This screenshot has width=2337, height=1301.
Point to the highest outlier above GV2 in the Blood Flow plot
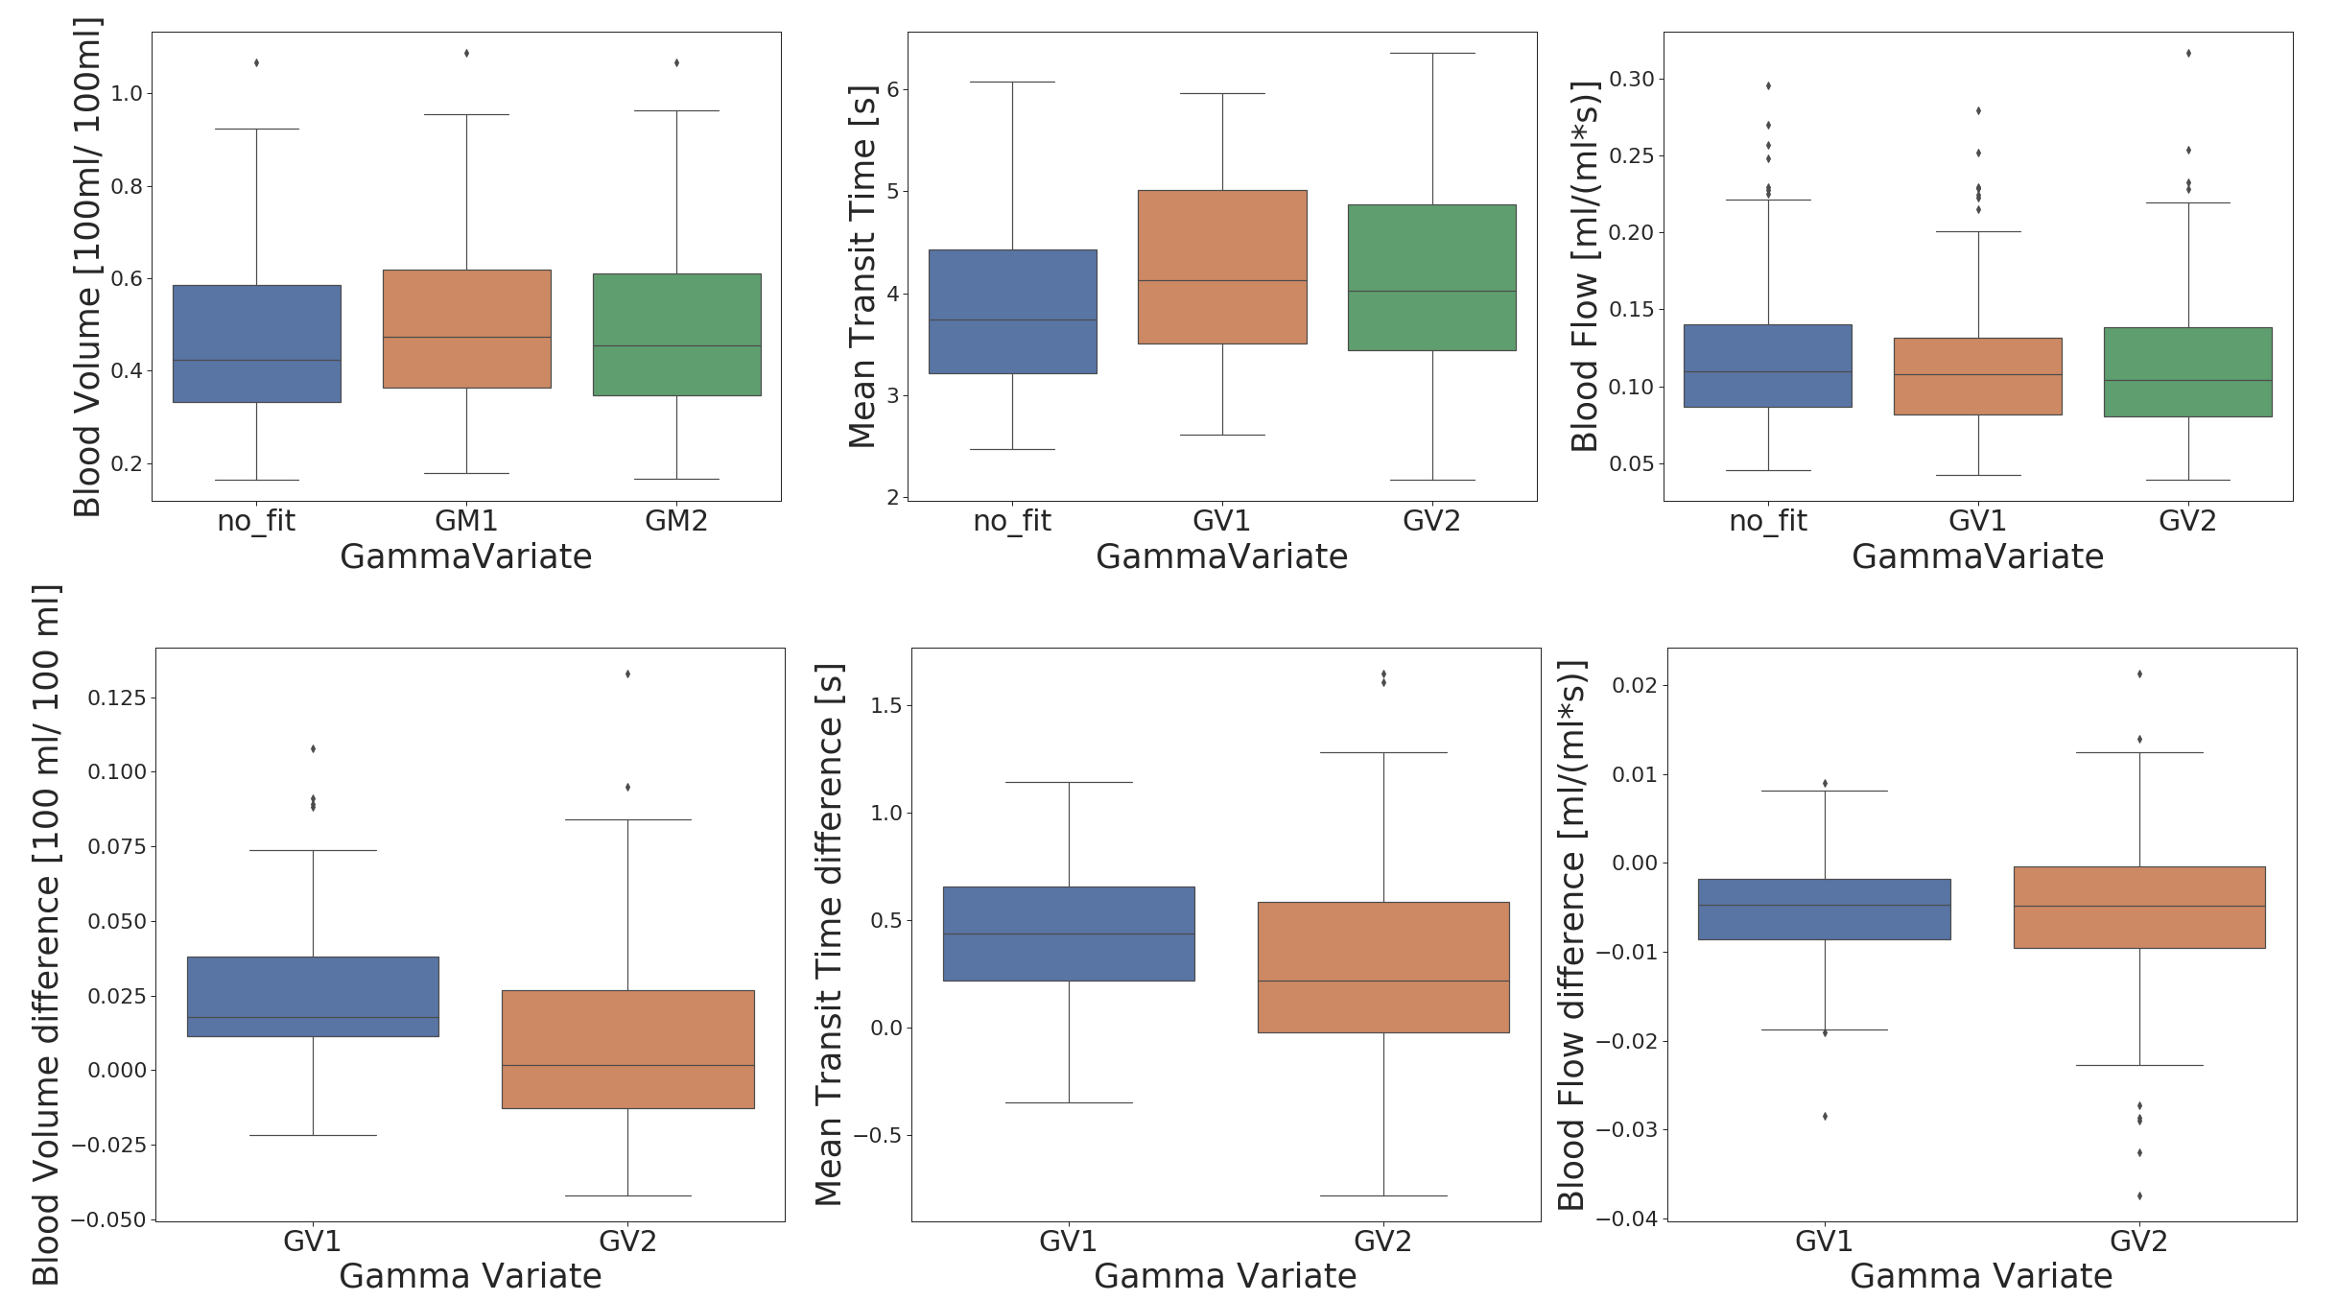click(2188, 53)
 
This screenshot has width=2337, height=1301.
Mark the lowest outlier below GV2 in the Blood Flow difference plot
click(2139, 1195)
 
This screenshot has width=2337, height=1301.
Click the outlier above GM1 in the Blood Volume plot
click(466, 53)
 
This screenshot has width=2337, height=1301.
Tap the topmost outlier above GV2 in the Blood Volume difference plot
click(627, 674)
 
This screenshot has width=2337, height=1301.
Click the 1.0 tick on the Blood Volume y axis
click(127, 93)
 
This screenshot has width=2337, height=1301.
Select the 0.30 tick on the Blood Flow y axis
click(1632, 79)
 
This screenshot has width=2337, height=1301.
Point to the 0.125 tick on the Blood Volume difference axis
click(117, 698)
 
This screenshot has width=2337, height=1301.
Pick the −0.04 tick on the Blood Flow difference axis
click(1626, 1218)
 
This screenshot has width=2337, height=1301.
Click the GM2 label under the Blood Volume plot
click(676, 521)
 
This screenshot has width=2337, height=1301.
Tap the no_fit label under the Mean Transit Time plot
click(1012, 521)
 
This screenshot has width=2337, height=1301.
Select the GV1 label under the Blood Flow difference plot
click(1824, 1242)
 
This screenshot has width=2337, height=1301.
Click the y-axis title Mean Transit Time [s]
click(862, 267)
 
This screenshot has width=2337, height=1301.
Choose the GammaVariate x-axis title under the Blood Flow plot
click(1977, 556)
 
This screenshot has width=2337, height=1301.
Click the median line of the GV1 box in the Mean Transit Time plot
click(1222, 280)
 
